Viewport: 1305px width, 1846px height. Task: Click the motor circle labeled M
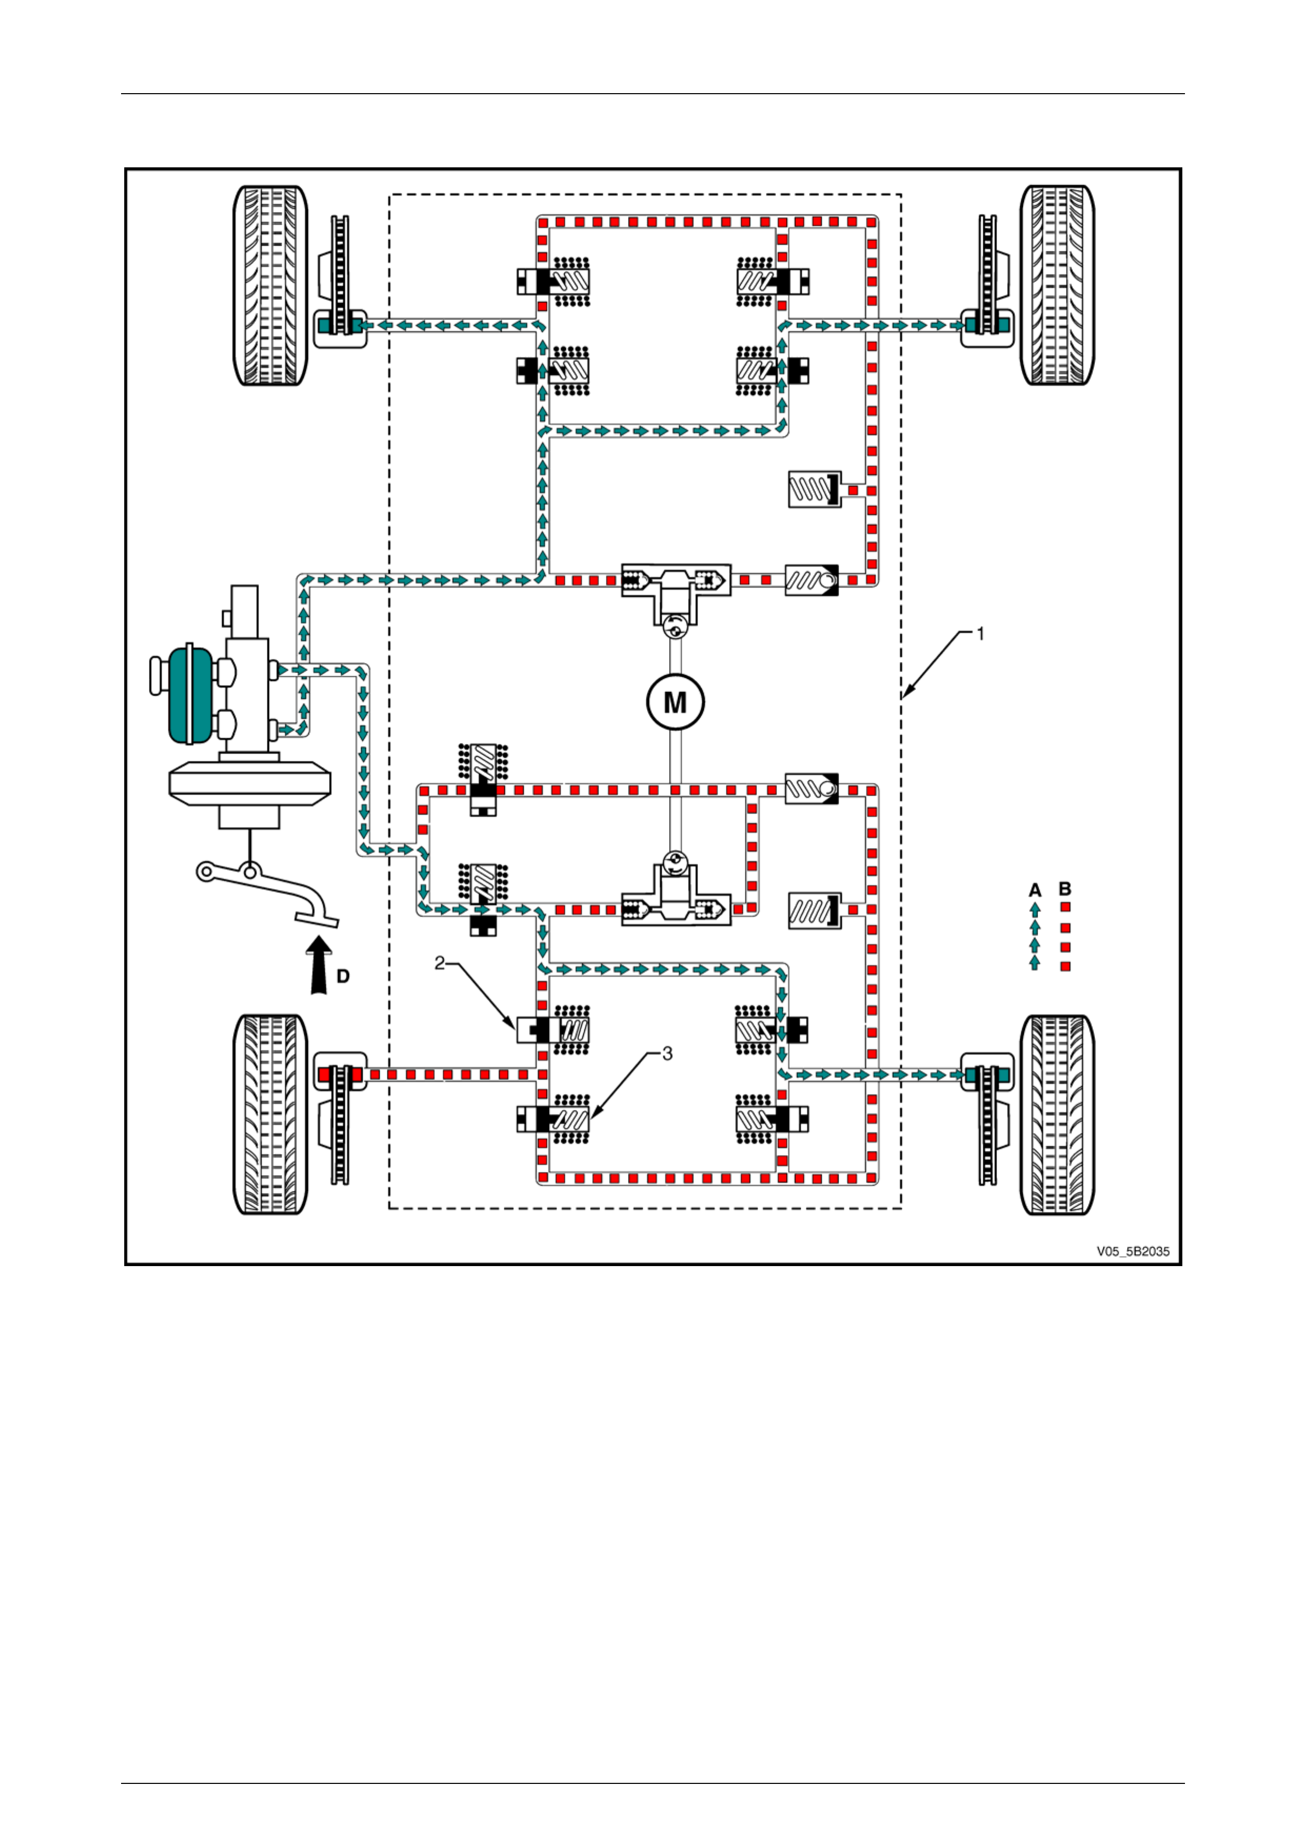tap(675, 702)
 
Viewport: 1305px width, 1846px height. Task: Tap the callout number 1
tap(980, 634)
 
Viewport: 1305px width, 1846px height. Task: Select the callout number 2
tap(440, 963)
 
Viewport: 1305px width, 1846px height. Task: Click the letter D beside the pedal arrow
tap(343, 976)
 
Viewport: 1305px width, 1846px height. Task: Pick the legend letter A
tap(1035, 890)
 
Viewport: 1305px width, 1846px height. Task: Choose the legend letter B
tap(1065, 889)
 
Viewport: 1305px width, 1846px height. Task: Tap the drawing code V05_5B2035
tap(1133, 1252)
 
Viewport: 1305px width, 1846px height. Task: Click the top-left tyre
tap(270, 285)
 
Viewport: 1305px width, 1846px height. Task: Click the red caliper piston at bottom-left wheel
tap(324, 1074)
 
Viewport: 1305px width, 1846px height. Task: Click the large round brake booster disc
tap(249, 782)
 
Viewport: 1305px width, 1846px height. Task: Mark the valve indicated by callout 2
tap(553, 1030)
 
